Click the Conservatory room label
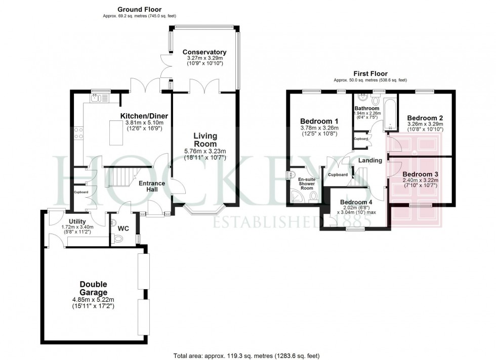204,52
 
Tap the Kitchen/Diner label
144,116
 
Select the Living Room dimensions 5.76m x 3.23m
204,151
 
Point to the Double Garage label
94,288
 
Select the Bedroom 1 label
319,121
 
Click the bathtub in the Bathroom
389,115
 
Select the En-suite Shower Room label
307,184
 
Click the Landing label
370,160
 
